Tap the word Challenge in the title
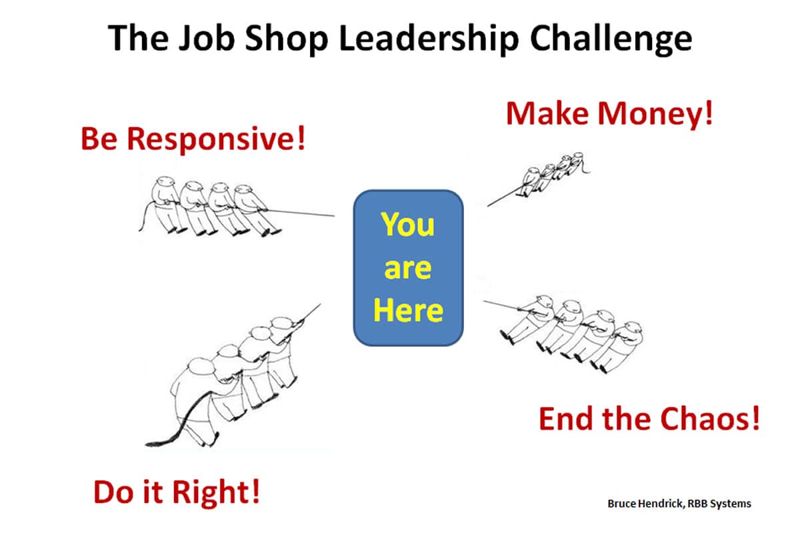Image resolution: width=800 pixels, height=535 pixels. (611, 39)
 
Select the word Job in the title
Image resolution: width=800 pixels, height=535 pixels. (207, 38)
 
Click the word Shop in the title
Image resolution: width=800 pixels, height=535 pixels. (287, 39)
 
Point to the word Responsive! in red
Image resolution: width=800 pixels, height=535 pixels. (217, 139)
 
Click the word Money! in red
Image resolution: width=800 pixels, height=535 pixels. (656, 113)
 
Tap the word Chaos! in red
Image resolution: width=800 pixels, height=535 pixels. (710, 418)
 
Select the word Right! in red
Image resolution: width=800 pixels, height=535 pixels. (216, 493)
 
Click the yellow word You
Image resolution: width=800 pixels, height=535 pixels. (408, 224)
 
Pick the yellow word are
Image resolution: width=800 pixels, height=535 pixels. (408, 268)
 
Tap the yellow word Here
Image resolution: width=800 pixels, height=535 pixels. (408, 310)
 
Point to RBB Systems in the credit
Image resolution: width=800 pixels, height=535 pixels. (719, 504)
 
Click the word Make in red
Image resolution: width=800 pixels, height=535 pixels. (547, 113)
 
